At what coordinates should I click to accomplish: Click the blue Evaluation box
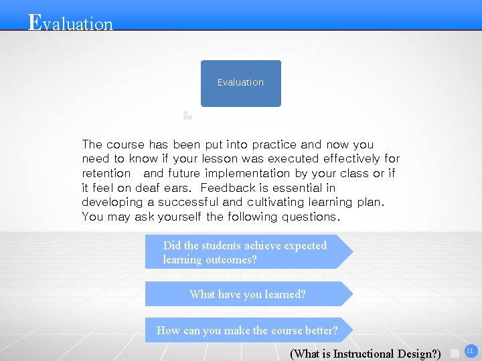coord(240,83)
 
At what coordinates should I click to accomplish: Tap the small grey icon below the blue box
coord(187,116)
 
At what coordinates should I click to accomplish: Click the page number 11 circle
coord(469,350)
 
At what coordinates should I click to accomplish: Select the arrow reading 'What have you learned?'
coord(248,294)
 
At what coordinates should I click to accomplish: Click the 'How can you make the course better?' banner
coord(247,330)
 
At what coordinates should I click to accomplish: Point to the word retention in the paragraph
coord(106,173)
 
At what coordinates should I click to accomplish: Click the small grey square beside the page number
coord(455,352)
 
